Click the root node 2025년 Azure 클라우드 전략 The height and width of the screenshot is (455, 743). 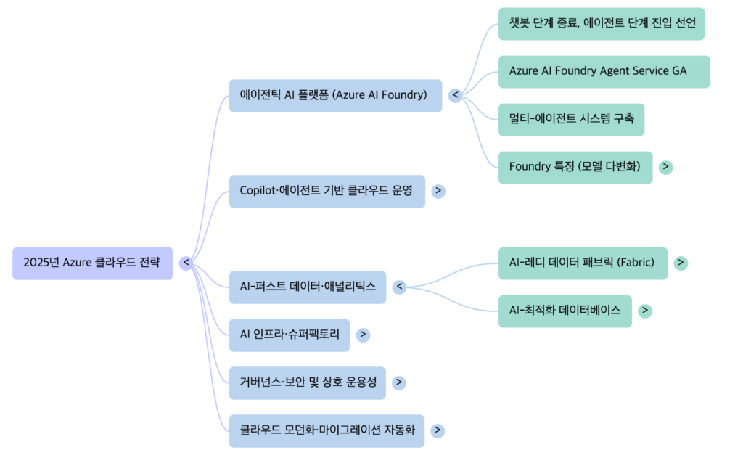92,263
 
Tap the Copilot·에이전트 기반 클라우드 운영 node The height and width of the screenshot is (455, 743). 327,191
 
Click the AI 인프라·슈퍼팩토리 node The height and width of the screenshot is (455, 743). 289,335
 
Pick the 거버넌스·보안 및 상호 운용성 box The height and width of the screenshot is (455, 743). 307,382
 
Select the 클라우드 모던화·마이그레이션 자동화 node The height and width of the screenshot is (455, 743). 327,430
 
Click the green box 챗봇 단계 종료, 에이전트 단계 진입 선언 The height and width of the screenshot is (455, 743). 602,23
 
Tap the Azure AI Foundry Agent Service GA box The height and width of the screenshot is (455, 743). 604,71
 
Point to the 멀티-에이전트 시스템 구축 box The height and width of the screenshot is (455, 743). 571,119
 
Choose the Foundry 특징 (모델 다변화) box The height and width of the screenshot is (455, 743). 575,167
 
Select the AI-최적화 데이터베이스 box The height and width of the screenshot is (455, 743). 565,311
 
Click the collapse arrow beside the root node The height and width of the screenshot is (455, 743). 186,263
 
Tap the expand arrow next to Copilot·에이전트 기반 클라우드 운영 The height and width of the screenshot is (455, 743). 438,191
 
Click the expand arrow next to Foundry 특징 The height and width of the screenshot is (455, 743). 665,167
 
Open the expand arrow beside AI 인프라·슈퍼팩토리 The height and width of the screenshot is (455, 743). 364,335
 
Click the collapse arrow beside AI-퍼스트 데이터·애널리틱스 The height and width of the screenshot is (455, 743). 399,287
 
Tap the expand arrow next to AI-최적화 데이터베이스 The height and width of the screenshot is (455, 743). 644,311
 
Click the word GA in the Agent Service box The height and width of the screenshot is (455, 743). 678,71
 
